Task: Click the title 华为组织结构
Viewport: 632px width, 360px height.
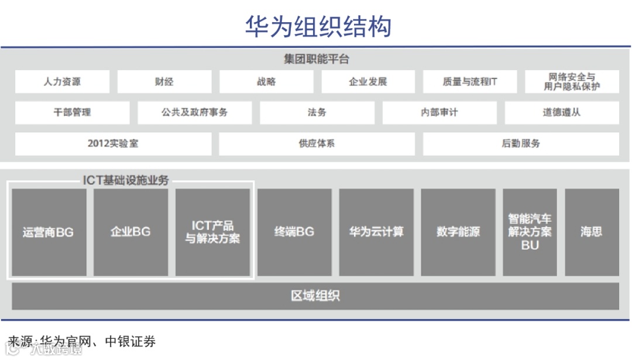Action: [318, 26]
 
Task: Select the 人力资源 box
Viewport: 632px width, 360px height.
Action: [62, 82]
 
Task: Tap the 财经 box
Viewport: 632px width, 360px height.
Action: [164, 82]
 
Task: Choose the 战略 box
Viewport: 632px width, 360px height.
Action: [266, 82]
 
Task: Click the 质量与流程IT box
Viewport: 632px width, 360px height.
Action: [470, 82]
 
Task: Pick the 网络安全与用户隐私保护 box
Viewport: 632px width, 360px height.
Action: [572, 82]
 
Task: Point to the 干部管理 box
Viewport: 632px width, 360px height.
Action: [72, 112]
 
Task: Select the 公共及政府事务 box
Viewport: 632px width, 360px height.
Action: [195, 112]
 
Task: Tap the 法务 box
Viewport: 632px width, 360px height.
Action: [317, 112]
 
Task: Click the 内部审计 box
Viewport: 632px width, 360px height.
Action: [439, 112]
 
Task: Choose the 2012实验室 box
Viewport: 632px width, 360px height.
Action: [113, 143]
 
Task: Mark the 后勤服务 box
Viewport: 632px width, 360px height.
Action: [521, 143]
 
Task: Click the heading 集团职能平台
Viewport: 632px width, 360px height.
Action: [317, 60]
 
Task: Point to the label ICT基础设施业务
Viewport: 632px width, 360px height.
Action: [126, 180]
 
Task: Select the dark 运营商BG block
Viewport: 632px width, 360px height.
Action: [49, 232]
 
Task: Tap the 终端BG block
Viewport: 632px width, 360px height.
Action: [294, 232]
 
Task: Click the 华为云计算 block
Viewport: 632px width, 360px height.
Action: [376, 232]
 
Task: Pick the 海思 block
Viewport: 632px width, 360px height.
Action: [592, 232]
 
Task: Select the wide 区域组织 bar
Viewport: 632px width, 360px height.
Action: [315, 296]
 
